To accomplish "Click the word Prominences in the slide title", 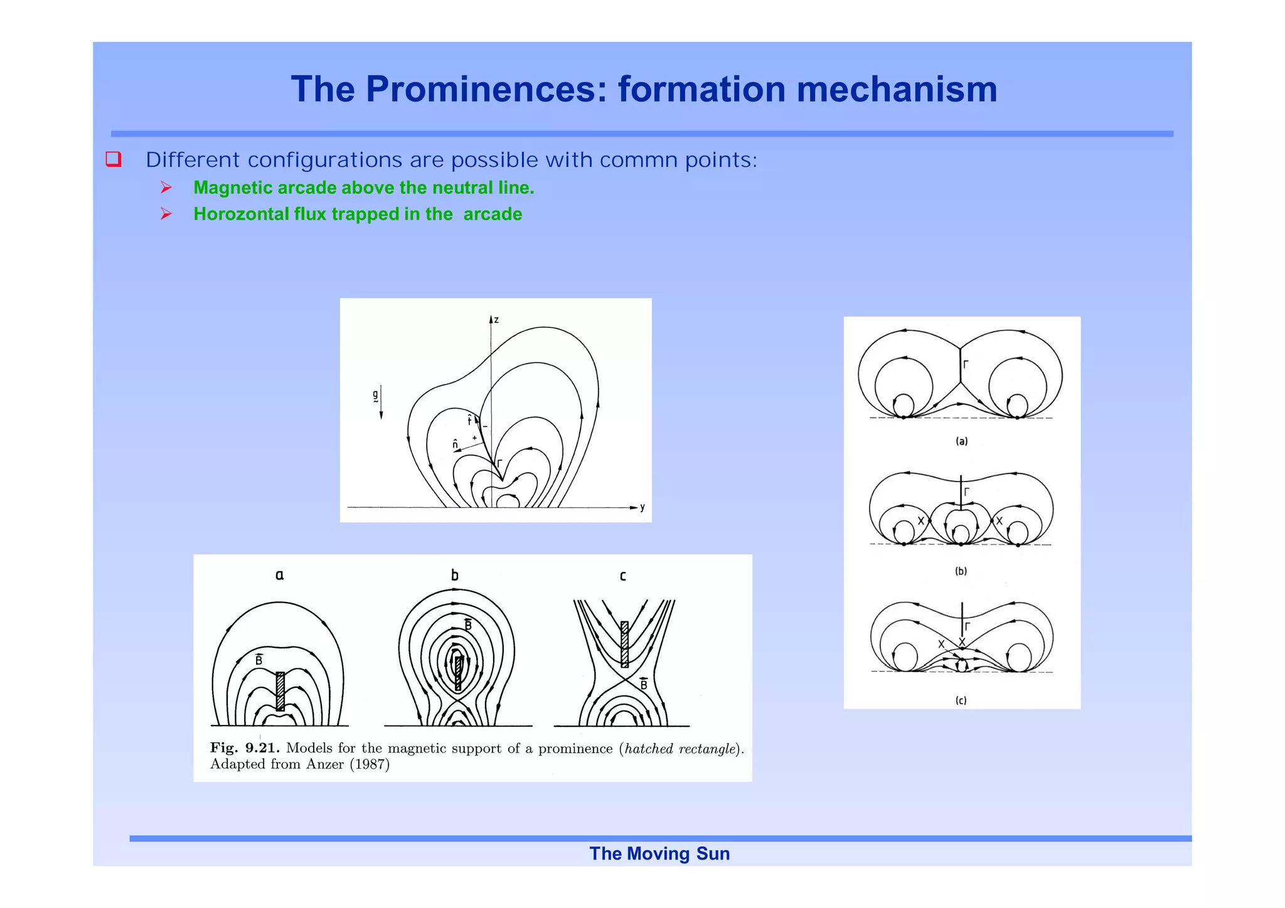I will pos(477,89).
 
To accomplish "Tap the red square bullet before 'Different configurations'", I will pos(114,159).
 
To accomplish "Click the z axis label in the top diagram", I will pos(496,320).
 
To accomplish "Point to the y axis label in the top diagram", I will pos(642,507).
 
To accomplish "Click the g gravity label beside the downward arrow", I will pos(375,396).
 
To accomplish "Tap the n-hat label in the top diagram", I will pos(456,445).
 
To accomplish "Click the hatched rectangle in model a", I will pos(280,691).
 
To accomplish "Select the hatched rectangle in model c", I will pos(624,644).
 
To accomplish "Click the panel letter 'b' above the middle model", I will pos(455,575).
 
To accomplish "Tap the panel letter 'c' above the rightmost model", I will pos(622,576).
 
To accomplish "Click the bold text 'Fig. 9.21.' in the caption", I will pos(245,748).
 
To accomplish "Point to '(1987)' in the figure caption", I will pos(370,764).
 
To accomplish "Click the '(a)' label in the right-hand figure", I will pos(961,441).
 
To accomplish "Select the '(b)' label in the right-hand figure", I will pos(961,571).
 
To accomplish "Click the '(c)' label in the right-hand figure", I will pos(961,700).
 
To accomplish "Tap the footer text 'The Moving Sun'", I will pos(659,853).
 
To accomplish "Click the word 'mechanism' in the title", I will pos(897,89).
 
